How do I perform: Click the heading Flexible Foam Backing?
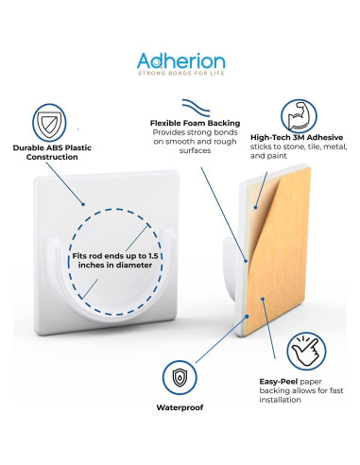196,123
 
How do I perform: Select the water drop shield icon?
180,377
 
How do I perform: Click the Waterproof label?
180,408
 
